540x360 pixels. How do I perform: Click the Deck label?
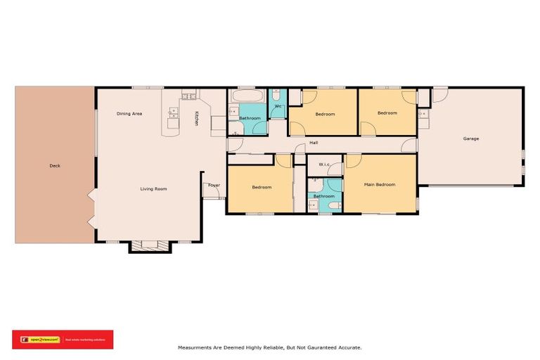55,166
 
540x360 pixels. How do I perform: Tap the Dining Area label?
129,113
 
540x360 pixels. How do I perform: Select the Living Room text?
153,188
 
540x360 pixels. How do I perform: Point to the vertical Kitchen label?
197,119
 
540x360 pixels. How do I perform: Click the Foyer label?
214,186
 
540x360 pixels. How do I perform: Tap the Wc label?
278,106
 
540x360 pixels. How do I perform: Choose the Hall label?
314,143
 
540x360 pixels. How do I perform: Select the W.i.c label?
324,165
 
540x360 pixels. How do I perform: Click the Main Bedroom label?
379,184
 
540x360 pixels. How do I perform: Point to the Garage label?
470,139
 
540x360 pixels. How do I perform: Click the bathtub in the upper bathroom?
247,96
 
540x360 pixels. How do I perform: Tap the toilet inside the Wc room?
277,95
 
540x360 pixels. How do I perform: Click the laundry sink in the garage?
423,112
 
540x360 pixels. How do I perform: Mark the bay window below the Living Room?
150,246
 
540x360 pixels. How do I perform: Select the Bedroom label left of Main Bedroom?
262,187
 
